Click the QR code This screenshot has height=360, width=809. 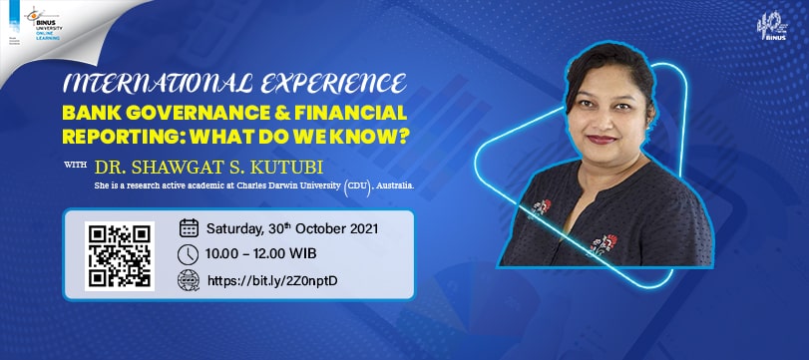coord(119,256)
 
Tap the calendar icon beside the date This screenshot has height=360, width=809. coord(189,227)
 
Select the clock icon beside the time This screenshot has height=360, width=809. coord(189,254)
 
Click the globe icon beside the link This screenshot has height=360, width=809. coord(189,281)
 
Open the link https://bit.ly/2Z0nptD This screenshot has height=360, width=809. coord(272,281)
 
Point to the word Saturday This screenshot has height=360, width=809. coord(240,227)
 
